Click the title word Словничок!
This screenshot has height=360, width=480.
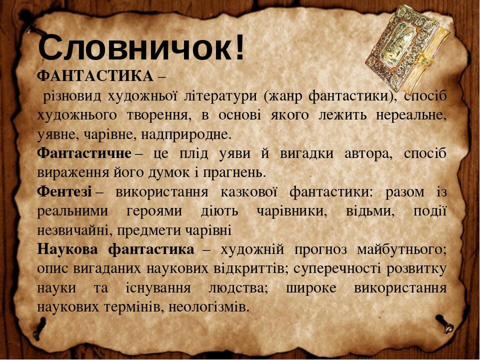[142, 47]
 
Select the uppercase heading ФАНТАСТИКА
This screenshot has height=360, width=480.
[95, 76]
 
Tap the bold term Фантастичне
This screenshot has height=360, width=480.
[84, 152]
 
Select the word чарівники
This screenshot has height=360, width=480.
[289, 210]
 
